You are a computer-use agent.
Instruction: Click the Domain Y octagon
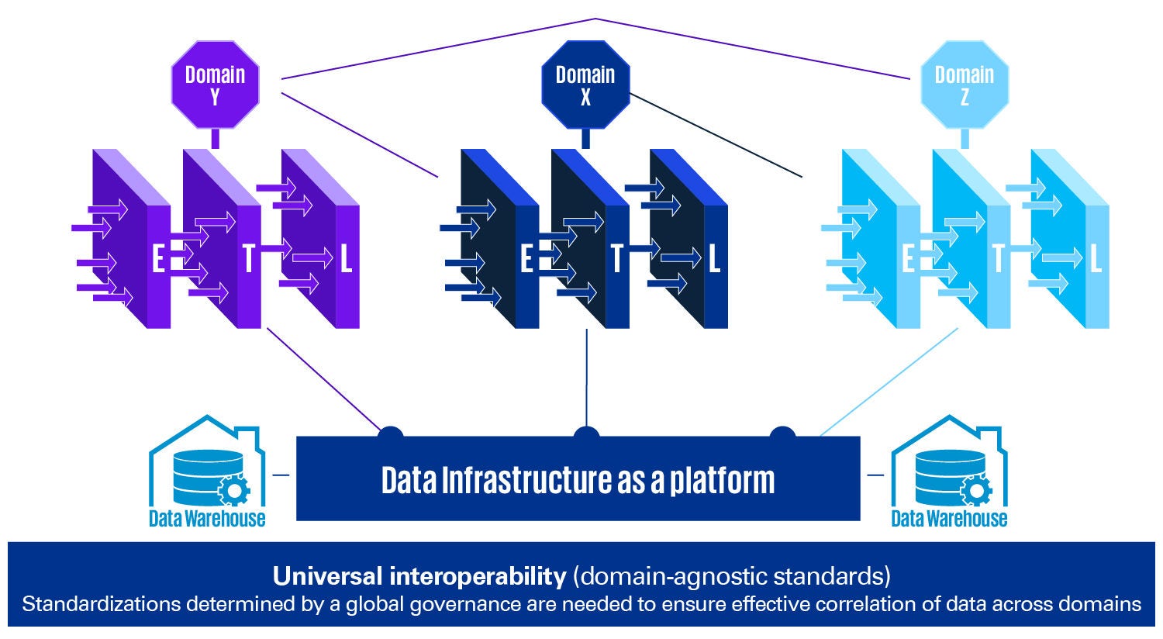tap(215, 85)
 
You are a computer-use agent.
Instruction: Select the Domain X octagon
tap(585, 85)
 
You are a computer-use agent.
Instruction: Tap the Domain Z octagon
tap(964, 85)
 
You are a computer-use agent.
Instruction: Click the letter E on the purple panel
tap(158, 259)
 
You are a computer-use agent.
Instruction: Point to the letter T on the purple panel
tap(248, 259)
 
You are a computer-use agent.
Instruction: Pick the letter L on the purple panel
tap(346, 259)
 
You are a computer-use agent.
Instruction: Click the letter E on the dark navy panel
tap(527, 259)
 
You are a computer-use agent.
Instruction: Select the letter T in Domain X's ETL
tap(616, 259)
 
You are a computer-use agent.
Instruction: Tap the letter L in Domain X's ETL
tap(714, 259)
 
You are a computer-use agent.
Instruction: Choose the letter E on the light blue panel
tap(908, 259)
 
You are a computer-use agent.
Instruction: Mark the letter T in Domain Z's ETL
tap(998, 259)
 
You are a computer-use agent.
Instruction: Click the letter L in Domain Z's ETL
tap(1096, 259)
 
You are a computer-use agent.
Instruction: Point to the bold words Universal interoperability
tap(419, 576)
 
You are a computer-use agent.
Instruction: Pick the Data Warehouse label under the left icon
tap(207, 518)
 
